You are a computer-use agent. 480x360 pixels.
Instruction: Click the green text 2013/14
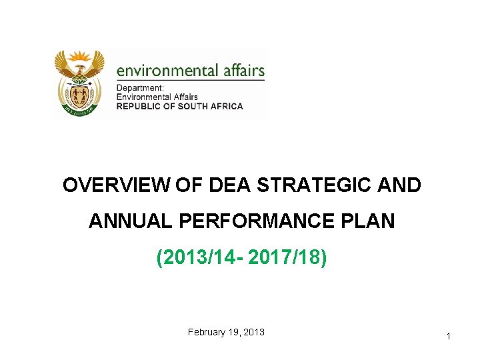point(200,257)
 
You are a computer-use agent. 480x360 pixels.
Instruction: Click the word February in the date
point(208,331)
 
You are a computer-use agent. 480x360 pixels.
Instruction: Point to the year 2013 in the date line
point(253,331)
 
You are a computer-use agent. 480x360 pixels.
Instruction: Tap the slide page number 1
point(449,337)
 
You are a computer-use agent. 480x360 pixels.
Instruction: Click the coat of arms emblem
point(79,83)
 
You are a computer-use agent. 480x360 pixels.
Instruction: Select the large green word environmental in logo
point(167,71)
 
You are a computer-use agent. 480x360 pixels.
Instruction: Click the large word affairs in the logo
point(243,71)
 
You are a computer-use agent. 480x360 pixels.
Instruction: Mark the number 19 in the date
point(233,331)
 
